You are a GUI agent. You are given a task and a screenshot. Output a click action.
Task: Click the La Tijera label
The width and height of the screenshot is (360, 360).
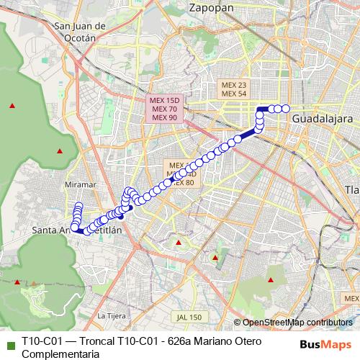pyautogui.click(x=111, y=315)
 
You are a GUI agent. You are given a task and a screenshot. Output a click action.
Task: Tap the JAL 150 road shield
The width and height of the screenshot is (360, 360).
pyautogui.click(x=188, y=317)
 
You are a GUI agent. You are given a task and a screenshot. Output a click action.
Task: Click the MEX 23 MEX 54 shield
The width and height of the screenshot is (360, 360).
pyautogui.click(x=233, y=89)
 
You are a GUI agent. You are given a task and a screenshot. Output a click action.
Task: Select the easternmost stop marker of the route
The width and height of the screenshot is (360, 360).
pyautogui.click(x=285, y=109)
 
